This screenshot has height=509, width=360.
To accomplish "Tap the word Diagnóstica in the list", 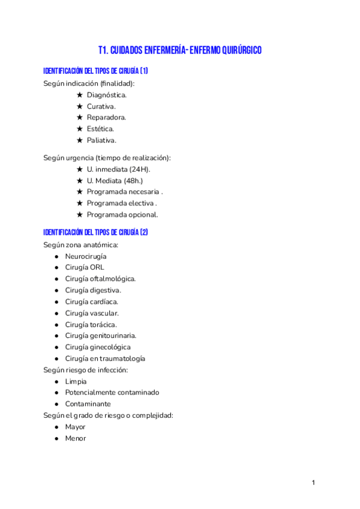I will coord(106,95).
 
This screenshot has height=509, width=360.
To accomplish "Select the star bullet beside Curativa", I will coord(80,106).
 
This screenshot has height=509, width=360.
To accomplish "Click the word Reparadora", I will coord(106,118).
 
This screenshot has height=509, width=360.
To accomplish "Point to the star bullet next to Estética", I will coord(80,129).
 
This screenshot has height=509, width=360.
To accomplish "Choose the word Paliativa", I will coord(101,140).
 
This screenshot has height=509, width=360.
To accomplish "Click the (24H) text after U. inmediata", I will coord(139,169).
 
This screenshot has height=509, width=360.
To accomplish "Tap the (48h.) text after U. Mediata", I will coord(133,181).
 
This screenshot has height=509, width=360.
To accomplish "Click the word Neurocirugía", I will coord(86,256).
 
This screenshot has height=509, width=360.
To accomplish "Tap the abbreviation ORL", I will coord(97,268).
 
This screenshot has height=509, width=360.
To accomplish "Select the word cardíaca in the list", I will coord(104,302).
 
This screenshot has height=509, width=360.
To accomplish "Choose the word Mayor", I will coord(76,427).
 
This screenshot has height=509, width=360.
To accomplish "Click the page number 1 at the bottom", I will coord(313,483).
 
